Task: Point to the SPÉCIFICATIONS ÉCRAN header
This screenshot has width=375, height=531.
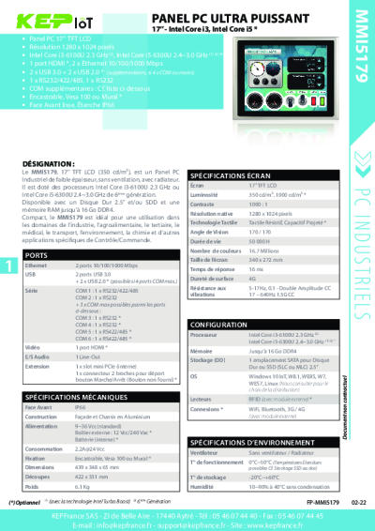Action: click(232, 175)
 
